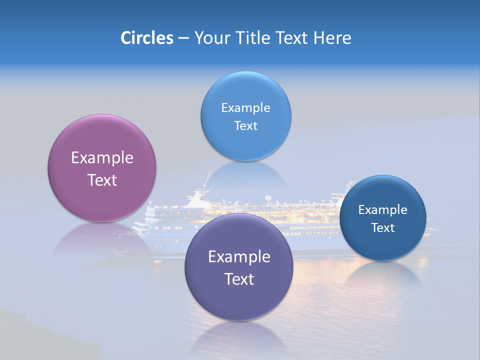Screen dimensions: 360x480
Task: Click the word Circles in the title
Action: tap(146, 37)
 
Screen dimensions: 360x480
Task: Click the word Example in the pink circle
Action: tap(102, 158)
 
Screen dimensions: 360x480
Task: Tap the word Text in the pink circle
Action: tap(102, 180)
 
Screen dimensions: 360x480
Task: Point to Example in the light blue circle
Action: tap(245, 107)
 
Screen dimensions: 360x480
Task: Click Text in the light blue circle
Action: tap(245, 125)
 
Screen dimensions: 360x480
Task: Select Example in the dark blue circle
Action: tap(382, 209)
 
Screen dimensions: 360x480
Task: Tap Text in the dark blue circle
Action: tap(382, 228)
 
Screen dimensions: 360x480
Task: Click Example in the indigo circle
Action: tap(239, 257)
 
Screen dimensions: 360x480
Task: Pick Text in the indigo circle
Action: tap(239, 279)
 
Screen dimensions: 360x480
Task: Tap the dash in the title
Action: tap(183, 38)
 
